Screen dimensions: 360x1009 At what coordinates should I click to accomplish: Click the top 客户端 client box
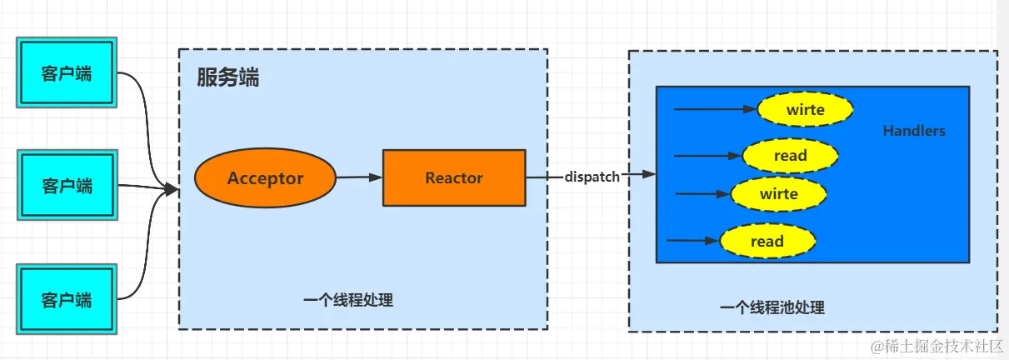pyautogui.click(x=67, y=72)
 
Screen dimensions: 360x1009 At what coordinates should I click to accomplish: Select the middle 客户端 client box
pyautogui.click(x=67, y=185)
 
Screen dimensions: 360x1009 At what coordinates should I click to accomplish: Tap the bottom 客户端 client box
pyautogui.click(x=67, y=298)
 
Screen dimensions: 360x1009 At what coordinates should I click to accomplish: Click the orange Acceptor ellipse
pyautogui.click(x=265, y=178)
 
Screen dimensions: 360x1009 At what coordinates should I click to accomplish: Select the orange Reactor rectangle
pyautogui.click(x=454, y=177)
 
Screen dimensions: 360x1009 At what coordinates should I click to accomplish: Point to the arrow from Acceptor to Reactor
pyautogui.click(x=358, y=177)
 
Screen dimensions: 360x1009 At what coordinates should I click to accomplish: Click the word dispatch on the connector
pyautogui.click(x=592, y=177)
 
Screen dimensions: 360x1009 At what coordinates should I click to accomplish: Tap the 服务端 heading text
pyautogui.click(x=227, y=78)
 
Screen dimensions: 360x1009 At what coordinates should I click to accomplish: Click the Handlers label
pyautogui.click(x=914, y=131)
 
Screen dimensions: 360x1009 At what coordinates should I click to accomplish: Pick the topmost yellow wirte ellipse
pyautogui.click(x=805, y=109)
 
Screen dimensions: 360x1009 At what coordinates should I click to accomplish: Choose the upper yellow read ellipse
pyautogui.click(x=790, y=155)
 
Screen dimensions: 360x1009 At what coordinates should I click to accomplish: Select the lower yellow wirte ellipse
pyautogui.click(x=778, y=194)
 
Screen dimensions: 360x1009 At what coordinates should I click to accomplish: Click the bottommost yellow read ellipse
pyautogui.click(x=767, y=242)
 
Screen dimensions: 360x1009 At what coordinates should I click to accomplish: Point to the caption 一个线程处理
pyautogui.click(x=347, y=300)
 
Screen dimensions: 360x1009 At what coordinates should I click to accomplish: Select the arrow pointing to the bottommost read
pyautogui.click(x=692, y=241)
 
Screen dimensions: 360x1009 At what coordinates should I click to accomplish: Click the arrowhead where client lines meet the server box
pyautogui.click(x=172, y=190)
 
